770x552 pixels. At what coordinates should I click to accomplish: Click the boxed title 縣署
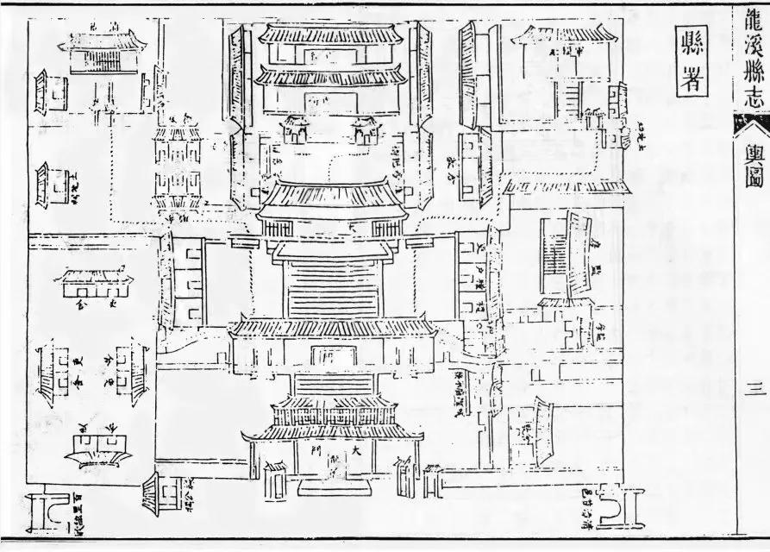[691, 58]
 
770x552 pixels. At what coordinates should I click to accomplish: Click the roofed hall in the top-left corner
[104, 54]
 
